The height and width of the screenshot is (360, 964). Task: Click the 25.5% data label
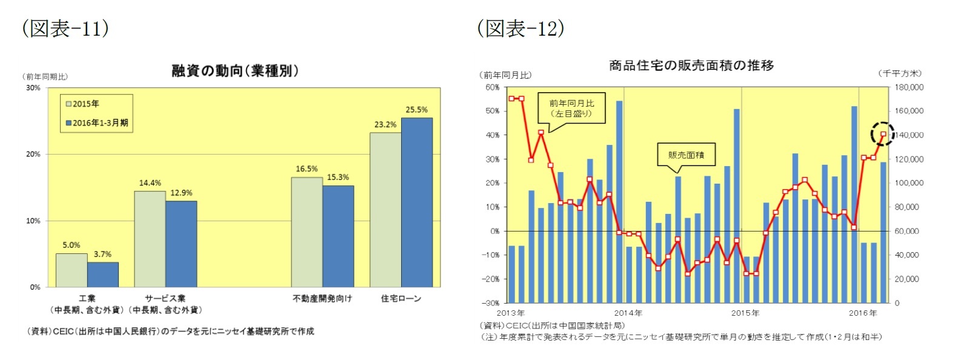pos(416,110)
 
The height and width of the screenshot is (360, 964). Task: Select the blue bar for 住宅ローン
pos(417,202)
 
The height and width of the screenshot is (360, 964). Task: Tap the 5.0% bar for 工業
pos(71,270)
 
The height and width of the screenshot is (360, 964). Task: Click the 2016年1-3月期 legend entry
pos(97,123)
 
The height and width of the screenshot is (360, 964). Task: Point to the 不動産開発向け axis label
pos(322,298)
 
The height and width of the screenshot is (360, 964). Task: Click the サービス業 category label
pos(165,298)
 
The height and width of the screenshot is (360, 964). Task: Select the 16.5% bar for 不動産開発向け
pos(307,232)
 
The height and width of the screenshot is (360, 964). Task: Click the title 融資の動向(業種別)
pos(235,71)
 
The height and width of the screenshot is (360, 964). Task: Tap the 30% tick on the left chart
pos(33,88)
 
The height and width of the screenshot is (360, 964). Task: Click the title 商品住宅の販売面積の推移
pos(691,65)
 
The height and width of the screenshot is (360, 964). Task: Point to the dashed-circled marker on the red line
pos(883,135)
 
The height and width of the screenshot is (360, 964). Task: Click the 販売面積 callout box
pos(686,155)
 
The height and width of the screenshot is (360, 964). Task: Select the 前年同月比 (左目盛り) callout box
pos(571,108)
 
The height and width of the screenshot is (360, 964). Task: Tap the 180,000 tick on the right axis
pos(909,87)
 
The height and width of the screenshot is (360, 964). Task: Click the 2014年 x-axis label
pos(628,313)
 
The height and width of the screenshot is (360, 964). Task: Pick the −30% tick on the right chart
pos(491,303)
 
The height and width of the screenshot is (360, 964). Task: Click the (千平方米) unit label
pos(900,73)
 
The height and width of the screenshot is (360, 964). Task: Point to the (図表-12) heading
pos(520,28)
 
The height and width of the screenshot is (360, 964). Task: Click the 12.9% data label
pos(181,193)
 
